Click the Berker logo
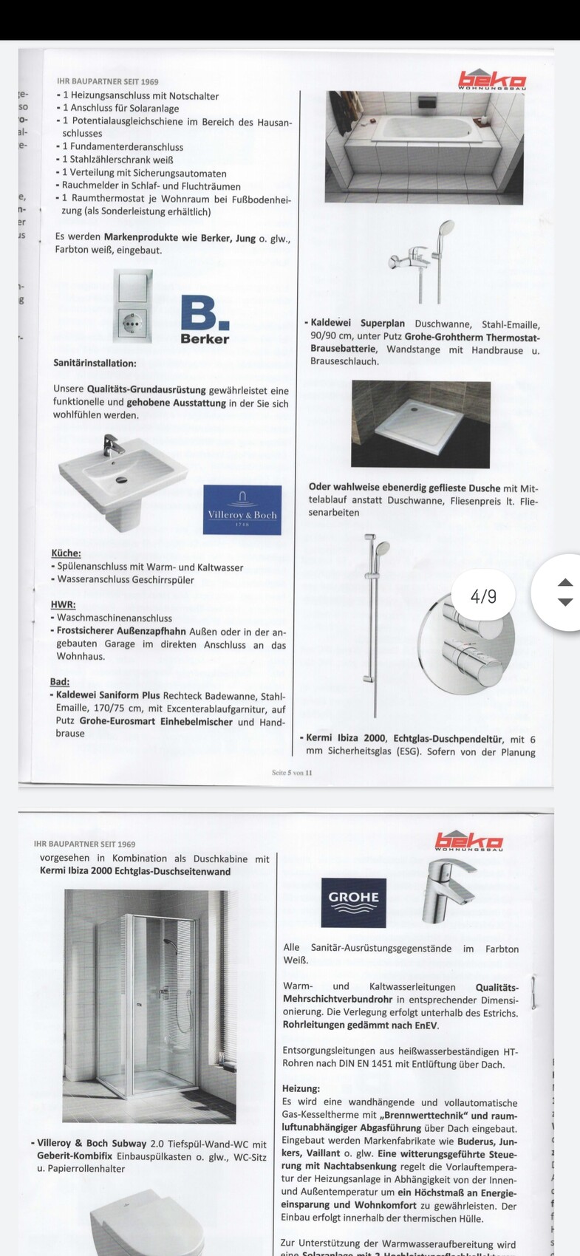(x=205, y=319)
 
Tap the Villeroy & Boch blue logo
(x=242, y=510)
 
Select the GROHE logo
(x=354, y=902)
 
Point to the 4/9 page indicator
(x=484, y=595)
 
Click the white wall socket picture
(x=133, y=305)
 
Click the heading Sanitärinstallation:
(x=95, y=364)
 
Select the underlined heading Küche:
(x=66, y=553)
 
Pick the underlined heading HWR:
(x=64, y=604)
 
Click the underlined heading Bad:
(x=60, y=681)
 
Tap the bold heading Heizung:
(x=301, y=1088)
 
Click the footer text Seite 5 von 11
(x=293, y=773)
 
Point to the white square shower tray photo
(x=420, y=423)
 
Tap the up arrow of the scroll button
(x=564, y=582)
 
